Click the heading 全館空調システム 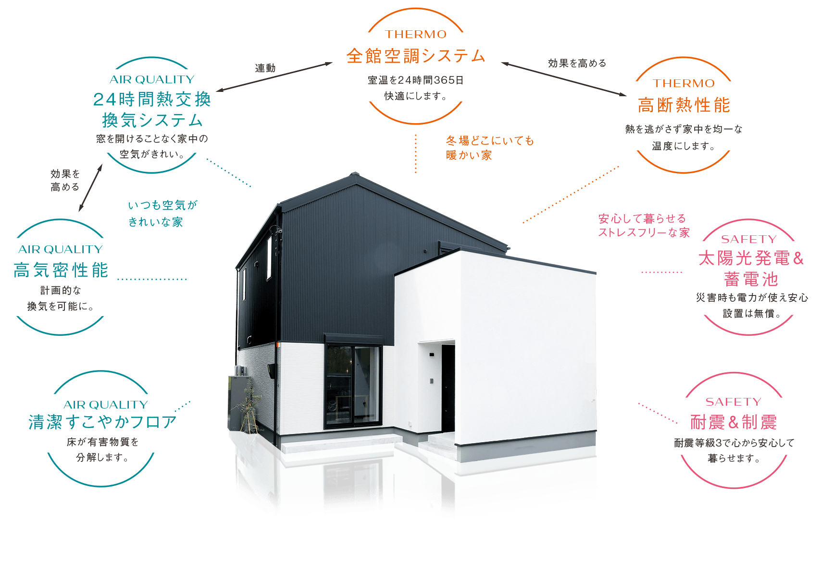coord(416,56)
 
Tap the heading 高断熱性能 coord(684,105)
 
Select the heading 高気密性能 coord(61,270)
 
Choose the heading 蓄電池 coord(751,279)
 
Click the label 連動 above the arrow coord(265,68)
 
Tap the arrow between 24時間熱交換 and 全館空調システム coord(274,77)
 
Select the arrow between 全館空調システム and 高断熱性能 coord(564,79)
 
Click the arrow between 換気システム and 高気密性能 coord(90,188)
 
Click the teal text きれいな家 coord(156,222)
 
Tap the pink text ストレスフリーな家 coord(644,232)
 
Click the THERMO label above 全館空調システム coord(416,34)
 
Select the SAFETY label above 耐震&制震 coord(733,402)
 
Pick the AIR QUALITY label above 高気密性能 coord(61,249)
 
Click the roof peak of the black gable coord(354,173)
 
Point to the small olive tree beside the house coord(250,406)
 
